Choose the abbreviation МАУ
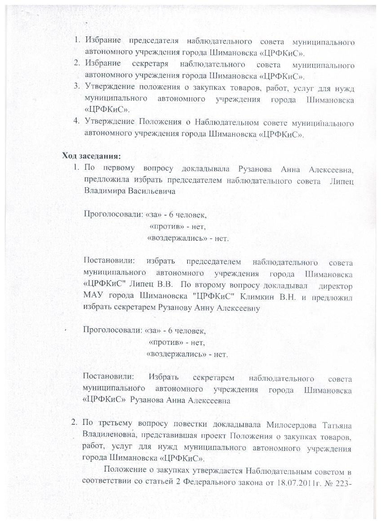point(93,297)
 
